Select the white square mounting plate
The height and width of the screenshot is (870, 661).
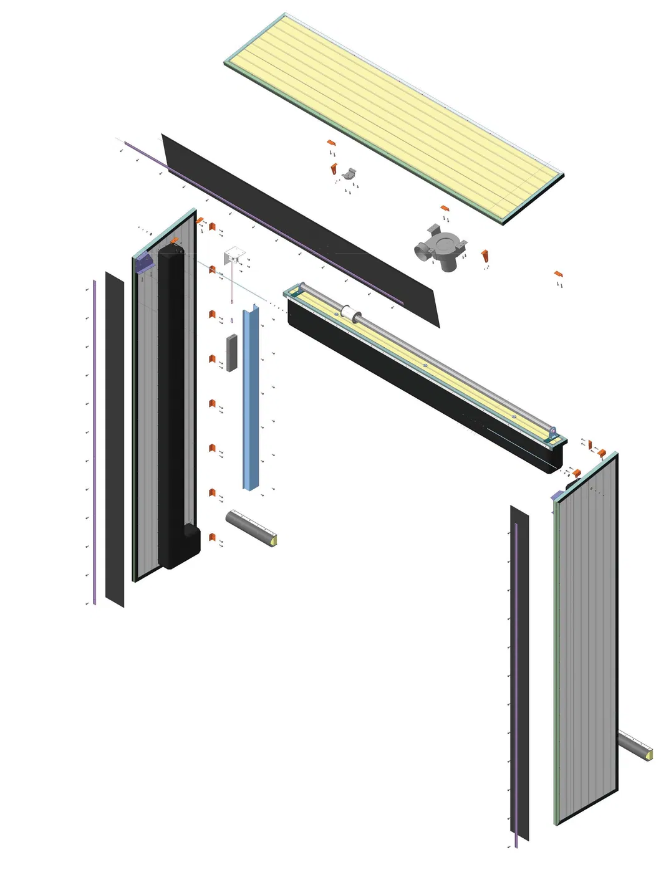point(233,256)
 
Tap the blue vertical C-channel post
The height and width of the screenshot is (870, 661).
point(251,399)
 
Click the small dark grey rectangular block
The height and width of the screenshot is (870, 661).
point(231,353)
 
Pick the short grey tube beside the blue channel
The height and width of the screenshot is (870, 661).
point(249,527)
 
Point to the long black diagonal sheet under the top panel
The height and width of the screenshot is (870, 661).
point(299,231)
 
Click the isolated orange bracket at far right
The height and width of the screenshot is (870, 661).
point(558,274)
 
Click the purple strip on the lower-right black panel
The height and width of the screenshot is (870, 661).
point(517,679)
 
